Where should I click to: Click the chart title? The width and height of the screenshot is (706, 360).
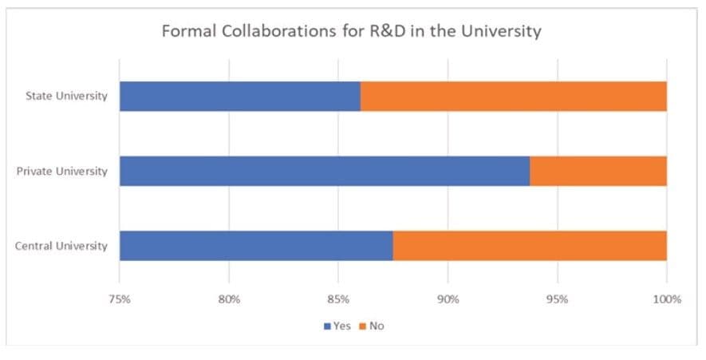click(352, 31)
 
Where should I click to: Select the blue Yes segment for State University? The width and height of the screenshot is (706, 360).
click(239, 97)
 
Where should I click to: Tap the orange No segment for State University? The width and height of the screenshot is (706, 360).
click(513, 97)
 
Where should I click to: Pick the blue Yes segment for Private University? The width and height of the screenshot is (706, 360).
click(324, 171)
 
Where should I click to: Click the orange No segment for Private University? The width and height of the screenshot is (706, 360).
click(598, 171)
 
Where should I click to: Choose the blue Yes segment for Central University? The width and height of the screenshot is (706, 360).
click(256, 245)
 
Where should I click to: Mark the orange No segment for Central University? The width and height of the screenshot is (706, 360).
click(530, 245)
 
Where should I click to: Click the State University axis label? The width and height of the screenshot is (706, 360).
click(66, 97)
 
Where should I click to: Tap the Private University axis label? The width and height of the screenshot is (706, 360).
click(61, 171)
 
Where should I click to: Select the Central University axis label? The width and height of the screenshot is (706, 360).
click(61, 245)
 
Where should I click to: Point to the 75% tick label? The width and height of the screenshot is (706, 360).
click(120, 300)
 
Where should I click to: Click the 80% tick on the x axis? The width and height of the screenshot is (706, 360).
click(229, 300)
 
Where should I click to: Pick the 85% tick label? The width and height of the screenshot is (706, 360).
click(338, 300)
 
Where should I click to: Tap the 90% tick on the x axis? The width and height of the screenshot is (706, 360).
click(448, 300)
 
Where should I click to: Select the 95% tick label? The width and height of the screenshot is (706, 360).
click(557, 300)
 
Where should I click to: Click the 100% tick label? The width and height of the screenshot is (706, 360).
click(666, 300)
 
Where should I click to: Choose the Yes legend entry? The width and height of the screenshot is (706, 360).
click(337, 326)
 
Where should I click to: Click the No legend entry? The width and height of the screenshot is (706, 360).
click(372, 326)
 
